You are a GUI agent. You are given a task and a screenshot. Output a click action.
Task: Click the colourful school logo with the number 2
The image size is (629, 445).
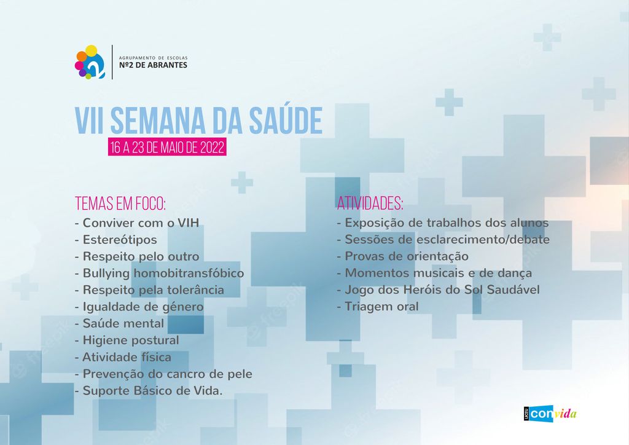[x=90, y=62]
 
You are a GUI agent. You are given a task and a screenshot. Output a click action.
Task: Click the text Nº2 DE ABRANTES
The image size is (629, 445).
[x=153, y=65]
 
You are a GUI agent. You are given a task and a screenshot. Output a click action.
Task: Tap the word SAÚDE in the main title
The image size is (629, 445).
[x=286, y=120]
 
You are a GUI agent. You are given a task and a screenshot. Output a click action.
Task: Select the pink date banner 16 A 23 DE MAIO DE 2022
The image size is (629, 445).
[x=167, y=147]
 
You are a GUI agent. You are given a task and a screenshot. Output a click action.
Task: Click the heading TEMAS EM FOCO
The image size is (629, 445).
[x=120, y=203]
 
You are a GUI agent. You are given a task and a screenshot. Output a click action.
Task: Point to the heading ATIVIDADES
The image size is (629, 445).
[x=370, y=203]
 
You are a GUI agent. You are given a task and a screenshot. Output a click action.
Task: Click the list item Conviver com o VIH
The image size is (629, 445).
[x=137, y=222]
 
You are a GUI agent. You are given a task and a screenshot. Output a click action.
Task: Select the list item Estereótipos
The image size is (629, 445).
[x=116, y=240]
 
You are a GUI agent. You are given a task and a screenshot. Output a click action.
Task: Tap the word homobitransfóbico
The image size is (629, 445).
[x=189, y=274]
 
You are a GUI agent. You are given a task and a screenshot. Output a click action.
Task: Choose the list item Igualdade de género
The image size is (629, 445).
[x=139, y=307]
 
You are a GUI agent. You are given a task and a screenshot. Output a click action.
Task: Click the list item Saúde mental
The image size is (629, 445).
[x=120, y=323]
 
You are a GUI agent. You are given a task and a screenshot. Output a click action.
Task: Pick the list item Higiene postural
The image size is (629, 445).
[x=127, y=341]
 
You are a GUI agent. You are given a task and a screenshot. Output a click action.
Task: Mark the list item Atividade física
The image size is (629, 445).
[x=123, y=357]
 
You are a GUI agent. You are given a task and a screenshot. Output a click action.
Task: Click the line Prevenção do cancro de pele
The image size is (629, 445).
[x=163, y=374]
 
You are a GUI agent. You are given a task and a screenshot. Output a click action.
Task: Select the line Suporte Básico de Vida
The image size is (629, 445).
[x=149, y=391]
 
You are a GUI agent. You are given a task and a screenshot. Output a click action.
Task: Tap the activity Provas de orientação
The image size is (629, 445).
[x=403, y=256]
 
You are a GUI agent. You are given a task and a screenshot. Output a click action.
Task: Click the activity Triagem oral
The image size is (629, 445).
[x=378, y=307]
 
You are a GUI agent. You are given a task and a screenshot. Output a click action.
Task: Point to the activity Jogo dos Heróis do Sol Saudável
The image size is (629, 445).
[x=439, y=289]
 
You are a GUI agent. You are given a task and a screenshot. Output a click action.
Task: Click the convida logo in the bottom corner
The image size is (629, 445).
[x=550, y=414]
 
